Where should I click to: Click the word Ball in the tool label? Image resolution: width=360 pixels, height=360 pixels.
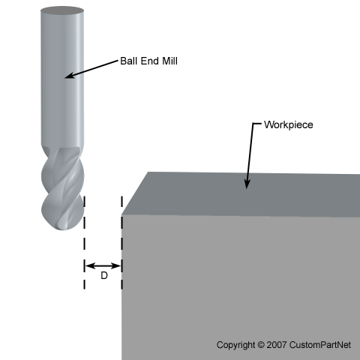(129, 61)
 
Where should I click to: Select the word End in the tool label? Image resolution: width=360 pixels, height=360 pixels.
(149, 61)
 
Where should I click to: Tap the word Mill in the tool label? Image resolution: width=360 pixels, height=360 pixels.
(169, 61)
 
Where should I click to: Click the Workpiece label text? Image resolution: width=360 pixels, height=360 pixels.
(289, 124)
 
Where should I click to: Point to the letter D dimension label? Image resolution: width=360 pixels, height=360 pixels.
(104, 275)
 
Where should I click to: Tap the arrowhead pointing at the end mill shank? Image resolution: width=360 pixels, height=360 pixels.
(70, 76)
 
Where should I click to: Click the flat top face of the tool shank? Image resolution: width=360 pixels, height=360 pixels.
(62, 10)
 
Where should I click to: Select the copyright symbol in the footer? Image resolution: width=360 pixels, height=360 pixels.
(261, 345)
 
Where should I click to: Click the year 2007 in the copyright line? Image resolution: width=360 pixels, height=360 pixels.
(277, 345)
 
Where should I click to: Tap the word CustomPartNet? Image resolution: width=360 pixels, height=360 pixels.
(320, 345)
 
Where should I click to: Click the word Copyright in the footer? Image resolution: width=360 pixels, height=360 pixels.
(235, 345)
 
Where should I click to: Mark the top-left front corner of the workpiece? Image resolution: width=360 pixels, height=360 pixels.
(121, 215)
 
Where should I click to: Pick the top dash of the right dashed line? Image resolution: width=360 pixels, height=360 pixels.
(121, 202)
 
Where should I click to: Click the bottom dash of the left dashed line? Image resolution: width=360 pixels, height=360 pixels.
(84, 284)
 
